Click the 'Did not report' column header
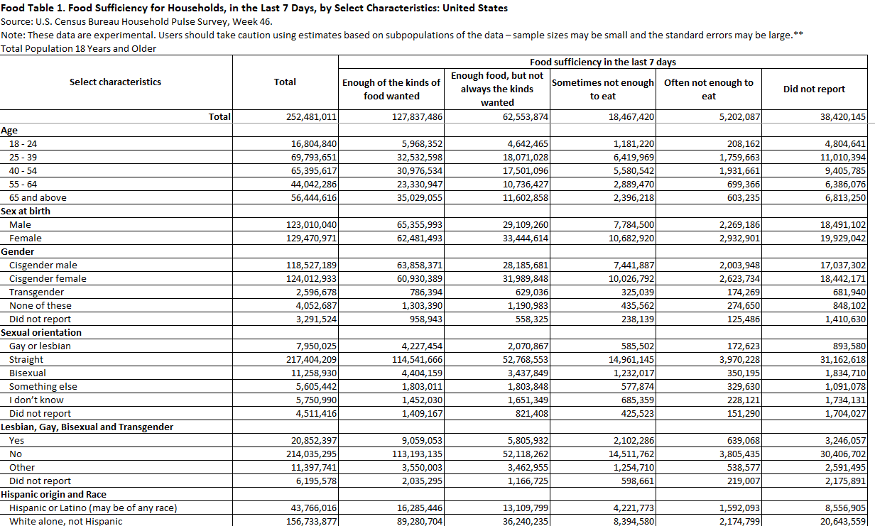pos(814,89)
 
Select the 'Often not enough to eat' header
pos(708,89)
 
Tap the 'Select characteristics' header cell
pos(115,82)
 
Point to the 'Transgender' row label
pos(36,292)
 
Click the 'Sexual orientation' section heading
pos(41,333)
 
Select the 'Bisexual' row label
pos(28,373)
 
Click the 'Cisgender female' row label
pos(48,279)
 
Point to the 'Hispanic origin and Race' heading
pos(54,495)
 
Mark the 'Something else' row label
pos(43,387)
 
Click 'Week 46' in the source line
pos(254,21)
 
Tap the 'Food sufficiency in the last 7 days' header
pos(602,62)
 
